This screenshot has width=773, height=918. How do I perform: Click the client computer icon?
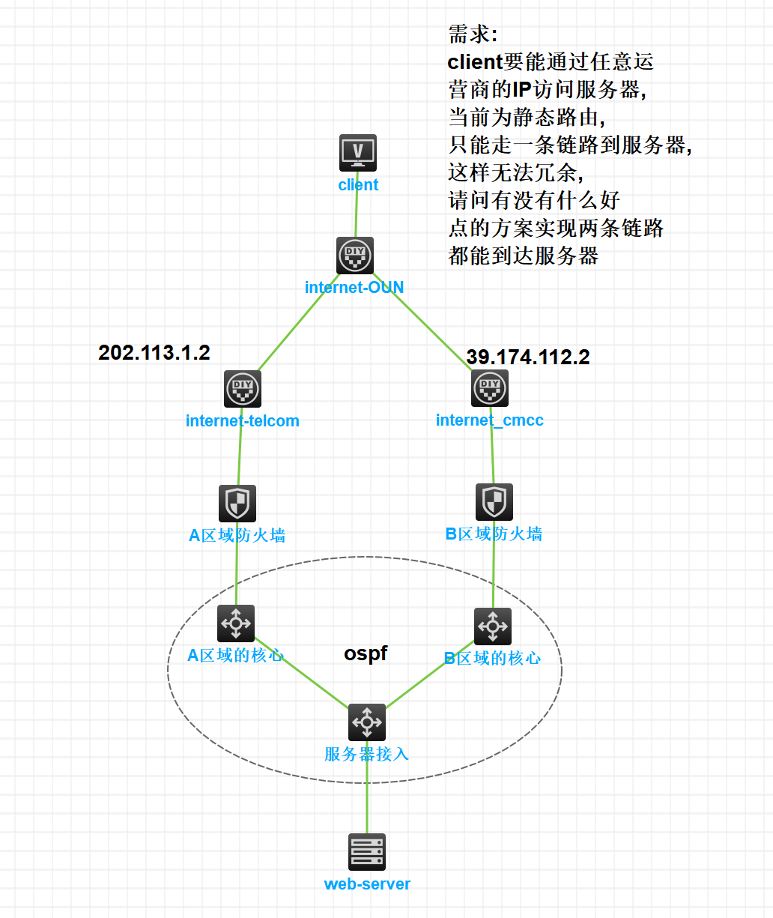coord(358,153)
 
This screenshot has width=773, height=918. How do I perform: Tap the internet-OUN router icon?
coord(355,256)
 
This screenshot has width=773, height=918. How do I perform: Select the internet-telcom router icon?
coord(243,389)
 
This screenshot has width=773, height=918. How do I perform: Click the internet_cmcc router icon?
coord(490,387)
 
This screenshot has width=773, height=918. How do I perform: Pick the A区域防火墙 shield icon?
coord(237,504)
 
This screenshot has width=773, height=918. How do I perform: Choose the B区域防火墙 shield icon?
coord(494,502)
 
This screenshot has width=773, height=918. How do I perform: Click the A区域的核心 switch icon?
coord(236,623)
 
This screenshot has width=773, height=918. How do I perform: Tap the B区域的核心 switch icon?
coord(493,626)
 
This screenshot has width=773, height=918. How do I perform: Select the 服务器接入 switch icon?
coord(367,722)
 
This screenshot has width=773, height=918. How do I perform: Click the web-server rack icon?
coord(367,852)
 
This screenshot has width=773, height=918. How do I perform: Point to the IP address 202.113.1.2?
coord(154,353)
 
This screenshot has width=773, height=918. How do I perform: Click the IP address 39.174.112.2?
coord(528,357)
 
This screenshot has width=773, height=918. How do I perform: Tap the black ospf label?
coord(366,653)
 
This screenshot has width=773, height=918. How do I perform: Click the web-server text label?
coord(367,884)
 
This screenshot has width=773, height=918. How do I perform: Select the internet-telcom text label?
coord(243,420)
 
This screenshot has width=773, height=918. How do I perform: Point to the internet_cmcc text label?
coord(490,420)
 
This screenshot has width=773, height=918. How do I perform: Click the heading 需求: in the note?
coord(473,34)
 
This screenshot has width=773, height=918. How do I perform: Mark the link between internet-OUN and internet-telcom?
coord(299,322)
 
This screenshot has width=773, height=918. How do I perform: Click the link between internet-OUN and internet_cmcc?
coord(422,321)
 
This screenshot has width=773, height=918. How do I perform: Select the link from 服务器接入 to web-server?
coord(367,788)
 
